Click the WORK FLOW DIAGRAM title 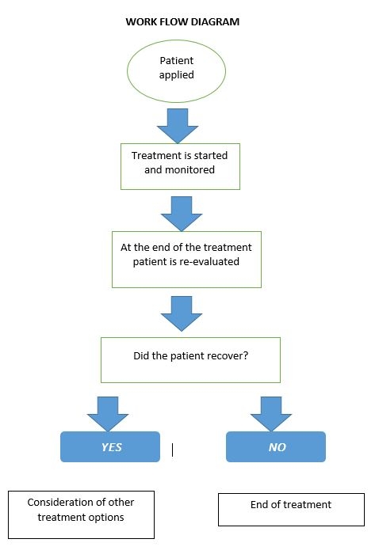182,21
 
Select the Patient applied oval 177,71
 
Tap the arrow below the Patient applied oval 178,126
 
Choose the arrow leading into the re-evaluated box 182,214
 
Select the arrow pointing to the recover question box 182,314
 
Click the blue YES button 110,446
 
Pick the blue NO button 276,446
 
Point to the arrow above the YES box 108,414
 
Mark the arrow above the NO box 271,414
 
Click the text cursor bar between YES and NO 173,450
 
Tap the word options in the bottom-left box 108,518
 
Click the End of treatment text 291,505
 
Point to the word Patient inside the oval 177,60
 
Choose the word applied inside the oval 177,75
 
